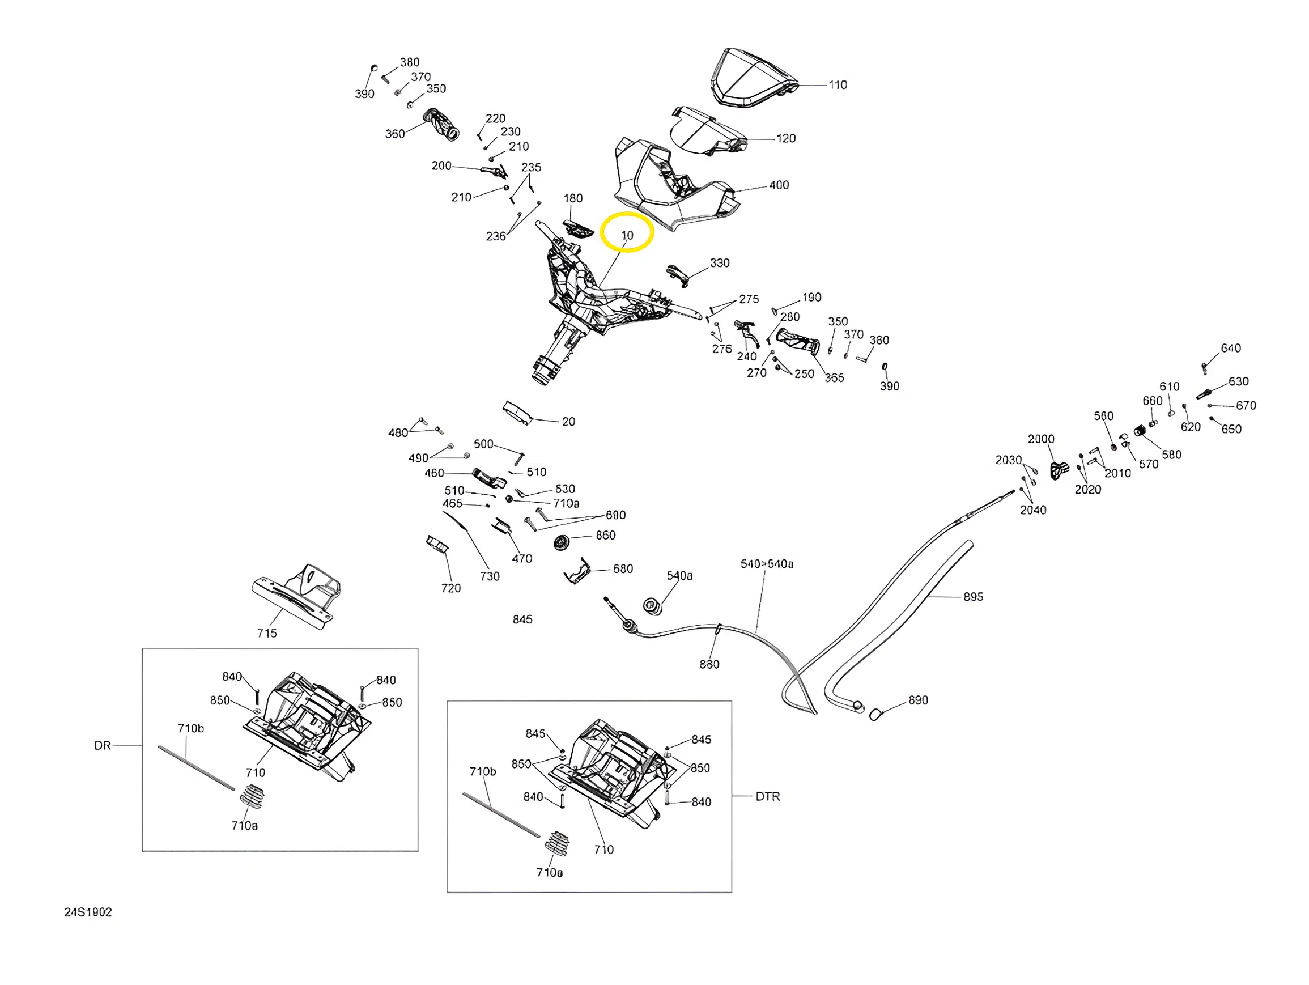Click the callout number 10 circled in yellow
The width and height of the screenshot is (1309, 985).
pyautogui.click(x=627, y=235)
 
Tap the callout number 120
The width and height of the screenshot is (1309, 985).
pyautogui.click(x=785, y=138)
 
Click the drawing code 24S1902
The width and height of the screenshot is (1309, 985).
pyautogui.click(x=88, y=912)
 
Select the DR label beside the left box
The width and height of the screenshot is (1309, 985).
pyautogui.click(x=103, y=746)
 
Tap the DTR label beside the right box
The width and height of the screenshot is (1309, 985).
pyautogui.click(x=767, y=797)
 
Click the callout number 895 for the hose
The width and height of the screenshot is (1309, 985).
pyautogui.click(x=973, y=597)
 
